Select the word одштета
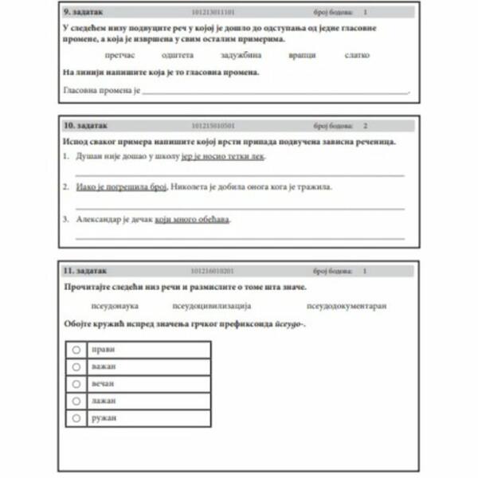[177, 55]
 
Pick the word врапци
[303, 55]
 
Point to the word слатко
[357, 55]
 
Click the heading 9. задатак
[84, 14]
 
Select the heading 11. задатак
[84, 271]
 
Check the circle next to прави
[76, 350]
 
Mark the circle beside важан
[76, 366]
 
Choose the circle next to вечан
[76, 383]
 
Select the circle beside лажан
[76, 400]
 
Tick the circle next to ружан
[76, 417]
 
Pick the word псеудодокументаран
[346, 305]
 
